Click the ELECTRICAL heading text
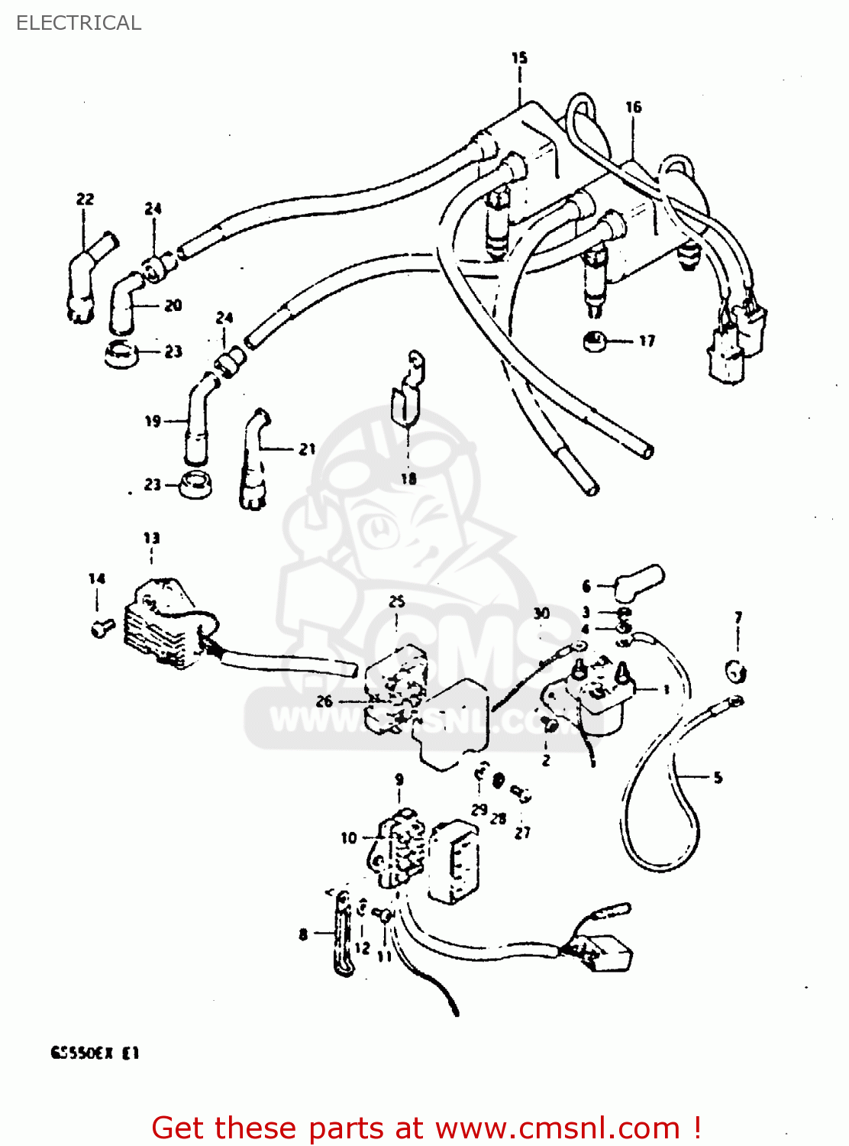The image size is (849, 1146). coord(79,23)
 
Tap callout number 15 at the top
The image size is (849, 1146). coord(519,57)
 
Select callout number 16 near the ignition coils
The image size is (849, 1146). coord(633,107)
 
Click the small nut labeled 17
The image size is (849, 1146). coord(593,341)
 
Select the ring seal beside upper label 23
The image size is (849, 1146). coord(120,354)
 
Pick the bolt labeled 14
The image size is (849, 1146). coord(100,628)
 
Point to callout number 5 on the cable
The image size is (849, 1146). coord(718,778)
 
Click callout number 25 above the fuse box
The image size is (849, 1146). coord(396,602)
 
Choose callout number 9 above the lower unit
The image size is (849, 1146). coord(399,779)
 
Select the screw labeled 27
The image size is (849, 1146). coord(521,795)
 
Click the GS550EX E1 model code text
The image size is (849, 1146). coord(95,1053)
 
